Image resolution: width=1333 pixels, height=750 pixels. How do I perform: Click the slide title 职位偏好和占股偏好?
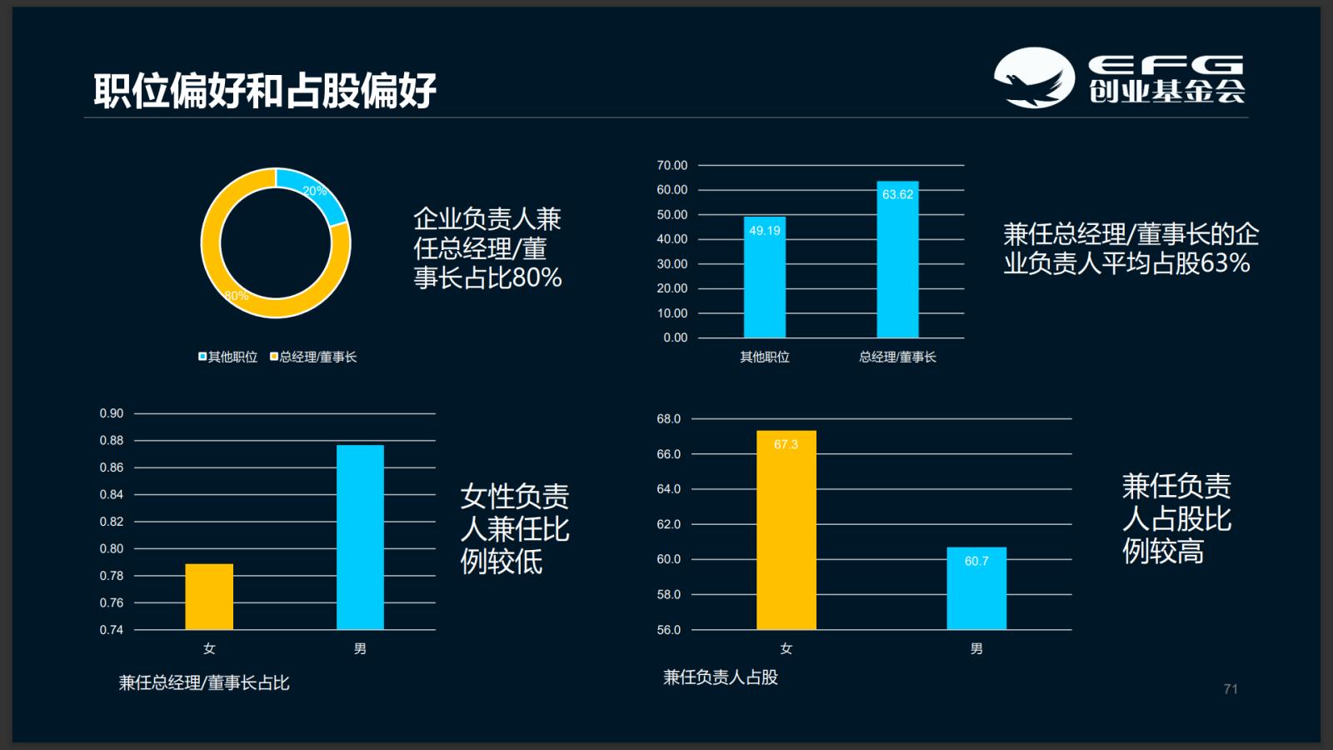click(264, 90)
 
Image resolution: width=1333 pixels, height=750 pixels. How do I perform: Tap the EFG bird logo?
click(1034, 77)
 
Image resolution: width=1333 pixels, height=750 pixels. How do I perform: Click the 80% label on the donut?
click(237, 296)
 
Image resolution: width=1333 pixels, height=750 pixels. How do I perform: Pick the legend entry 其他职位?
click(227, 357)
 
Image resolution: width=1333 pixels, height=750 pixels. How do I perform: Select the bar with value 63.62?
click(897, 260)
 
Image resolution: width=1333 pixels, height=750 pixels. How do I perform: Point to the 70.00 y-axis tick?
click(671, 165)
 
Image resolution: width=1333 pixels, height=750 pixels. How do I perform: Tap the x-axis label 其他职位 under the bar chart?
click(764, 357)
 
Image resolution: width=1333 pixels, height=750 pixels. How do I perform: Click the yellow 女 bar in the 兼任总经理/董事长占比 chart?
click(209, 597)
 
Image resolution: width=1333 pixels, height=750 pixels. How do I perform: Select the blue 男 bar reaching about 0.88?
click(360, 537)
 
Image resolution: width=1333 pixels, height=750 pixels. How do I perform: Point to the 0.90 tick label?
click(111, 413)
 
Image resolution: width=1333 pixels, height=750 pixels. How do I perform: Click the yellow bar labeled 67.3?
click(786, 530)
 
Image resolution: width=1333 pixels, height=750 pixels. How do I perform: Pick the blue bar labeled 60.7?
click(976, 588)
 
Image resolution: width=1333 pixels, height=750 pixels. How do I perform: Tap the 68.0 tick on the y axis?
click(668, 418)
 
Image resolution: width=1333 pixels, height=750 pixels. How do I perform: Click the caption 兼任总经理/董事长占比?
click(204, 683)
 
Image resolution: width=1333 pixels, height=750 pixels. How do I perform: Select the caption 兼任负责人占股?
click(721, 677)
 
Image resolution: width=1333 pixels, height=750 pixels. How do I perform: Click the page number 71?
click(1231, 689)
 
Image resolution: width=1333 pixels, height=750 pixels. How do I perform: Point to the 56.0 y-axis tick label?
click(668, 630)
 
